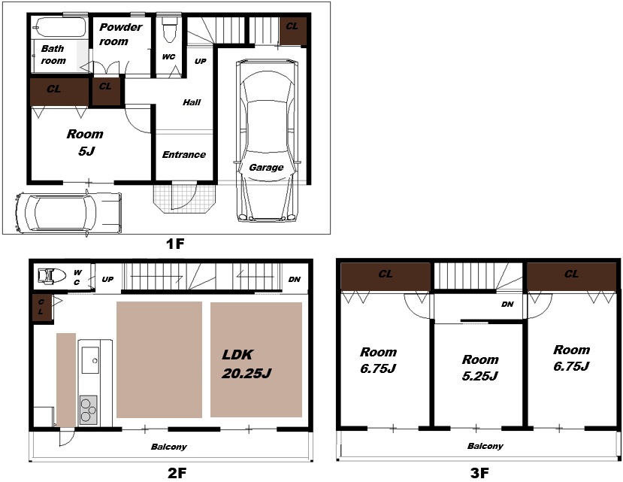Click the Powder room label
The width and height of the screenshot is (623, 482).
click(x=120, y=34)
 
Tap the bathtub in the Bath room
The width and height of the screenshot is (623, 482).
click(x=59, y=27)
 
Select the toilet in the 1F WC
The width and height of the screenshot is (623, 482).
click(x=169, y=29)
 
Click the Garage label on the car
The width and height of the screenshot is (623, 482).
click(x=266, y=168)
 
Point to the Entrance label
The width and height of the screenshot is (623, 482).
click(x=184, y=154)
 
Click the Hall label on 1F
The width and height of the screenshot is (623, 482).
click(x=192, y=102)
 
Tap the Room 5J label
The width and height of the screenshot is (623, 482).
click(x=85, y=142)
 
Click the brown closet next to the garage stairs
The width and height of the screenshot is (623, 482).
click(x=293, y=31)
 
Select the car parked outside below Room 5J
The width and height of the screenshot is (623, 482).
click(x=68, y=213)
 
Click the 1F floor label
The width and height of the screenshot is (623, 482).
click(x=175, y=244)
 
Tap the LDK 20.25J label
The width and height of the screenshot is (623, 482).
click(x=246, y=364)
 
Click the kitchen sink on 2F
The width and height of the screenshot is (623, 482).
click(x=90, y=360)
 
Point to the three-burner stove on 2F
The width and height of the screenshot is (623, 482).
click(x=88, y=410)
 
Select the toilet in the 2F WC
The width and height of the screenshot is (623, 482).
click(x=52, y=275)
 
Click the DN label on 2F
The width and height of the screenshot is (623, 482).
click(x=295, y=279)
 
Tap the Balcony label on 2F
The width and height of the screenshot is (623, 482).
click(x=169, y=447)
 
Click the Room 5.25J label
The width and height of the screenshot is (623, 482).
click(x=480, y=368)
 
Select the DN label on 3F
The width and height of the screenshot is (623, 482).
click(x=507, y=305)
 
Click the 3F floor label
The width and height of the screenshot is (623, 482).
click(x=479, y=473)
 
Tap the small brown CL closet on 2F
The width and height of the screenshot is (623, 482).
click(x=42, y=307)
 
